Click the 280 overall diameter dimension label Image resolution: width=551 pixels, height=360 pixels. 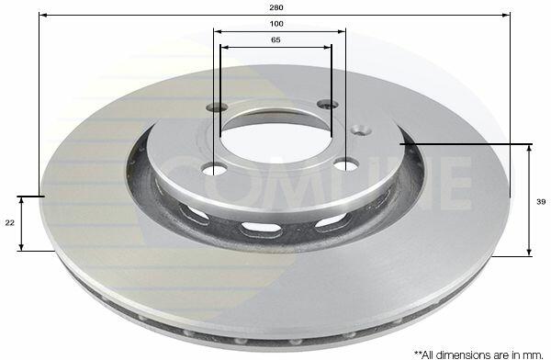[x=276, y=7]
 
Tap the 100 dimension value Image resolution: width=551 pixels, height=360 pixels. [x=276, y=24]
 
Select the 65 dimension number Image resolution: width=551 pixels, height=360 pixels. [x=275, y=40]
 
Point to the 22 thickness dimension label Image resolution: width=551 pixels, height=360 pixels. [x=9, y=222]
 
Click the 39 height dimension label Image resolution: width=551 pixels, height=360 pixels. [x=541, y=202]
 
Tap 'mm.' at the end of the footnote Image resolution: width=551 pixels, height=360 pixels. [x=534, y=354]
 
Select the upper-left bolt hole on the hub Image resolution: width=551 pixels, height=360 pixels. [x=217, y=107]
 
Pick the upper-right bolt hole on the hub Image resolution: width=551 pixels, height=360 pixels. [x=328, y=104]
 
